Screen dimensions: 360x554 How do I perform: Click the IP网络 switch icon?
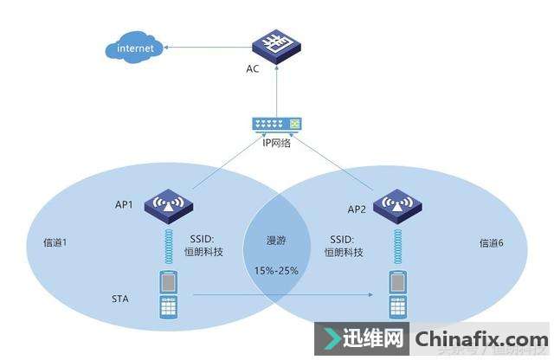pos(276,125)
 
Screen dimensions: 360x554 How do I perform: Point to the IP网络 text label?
pos(277,143)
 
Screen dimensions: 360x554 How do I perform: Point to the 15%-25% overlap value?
pos(277,271)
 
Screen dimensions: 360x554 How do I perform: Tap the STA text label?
pos(122,298)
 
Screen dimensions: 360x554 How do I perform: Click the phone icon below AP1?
pos(169,295)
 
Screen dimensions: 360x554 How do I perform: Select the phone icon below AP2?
pos(398,295)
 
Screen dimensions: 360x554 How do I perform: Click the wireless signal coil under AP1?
pos(169,244)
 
